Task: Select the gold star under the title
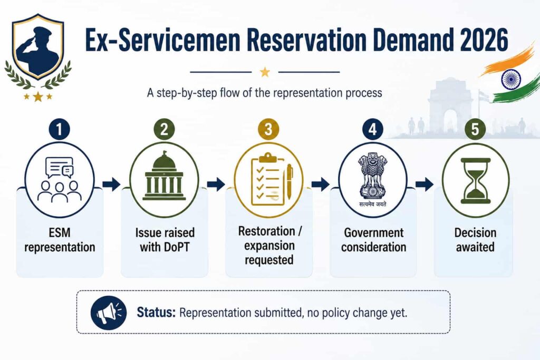(x=265, y=72)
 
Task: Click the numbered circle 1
(x=59, y=130)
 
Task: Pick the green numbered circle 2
(x=165, y=130)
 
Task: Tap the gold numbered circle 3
(x=268, y=130)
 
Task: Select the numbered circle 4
(x=373, y=130)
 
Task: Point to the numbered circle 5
(x=475, y=130)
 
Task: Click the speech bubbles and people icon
(x=60, y=179)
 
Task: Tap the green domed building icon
(x=165, y=176)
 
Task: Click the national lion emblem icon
(x=373, y=179)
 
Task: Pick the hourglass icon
(x=475, y=181)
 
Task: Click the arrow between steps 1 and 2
(x=111, y=184)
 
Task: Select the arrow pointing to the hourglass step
(x=425, y=184)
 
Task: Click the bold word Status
(x=156, y=313)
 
